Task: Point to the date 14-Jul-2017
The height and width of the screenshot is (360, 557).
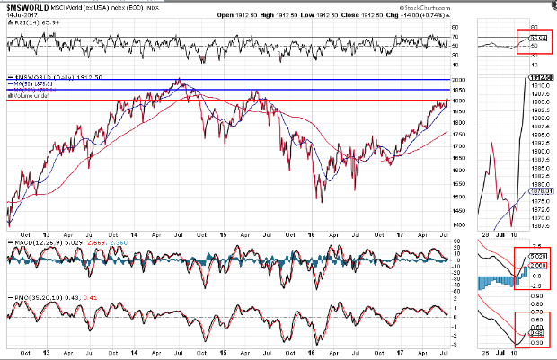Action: [20, 14]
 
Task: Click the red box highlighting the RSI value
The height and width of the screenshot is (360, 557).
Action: [533, 40]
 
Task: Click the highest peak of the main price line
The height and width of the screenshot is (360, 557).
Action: [179, 80]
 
